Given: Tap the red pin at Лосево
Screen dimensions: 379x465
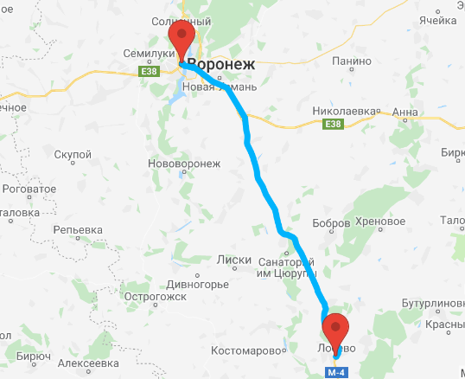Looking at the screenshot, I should (x=334, y=330).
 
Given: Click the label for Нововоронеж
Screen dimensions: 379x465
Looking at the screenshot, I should (x=185, y=164).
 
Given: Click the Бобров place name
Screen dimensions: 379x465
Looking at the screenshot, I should (x=329, y=223).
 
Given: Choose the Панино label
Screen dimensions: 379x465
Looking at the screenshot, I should (x=351, y=61).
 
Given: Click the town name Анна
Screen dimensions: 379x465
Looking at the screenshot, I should (x=404, y=112).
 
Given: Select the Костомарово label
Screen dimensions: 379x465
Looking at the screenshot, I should (x=248, y=351).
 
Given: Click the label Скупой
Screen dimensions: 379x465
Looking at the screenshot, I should (x=73, y=154).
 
